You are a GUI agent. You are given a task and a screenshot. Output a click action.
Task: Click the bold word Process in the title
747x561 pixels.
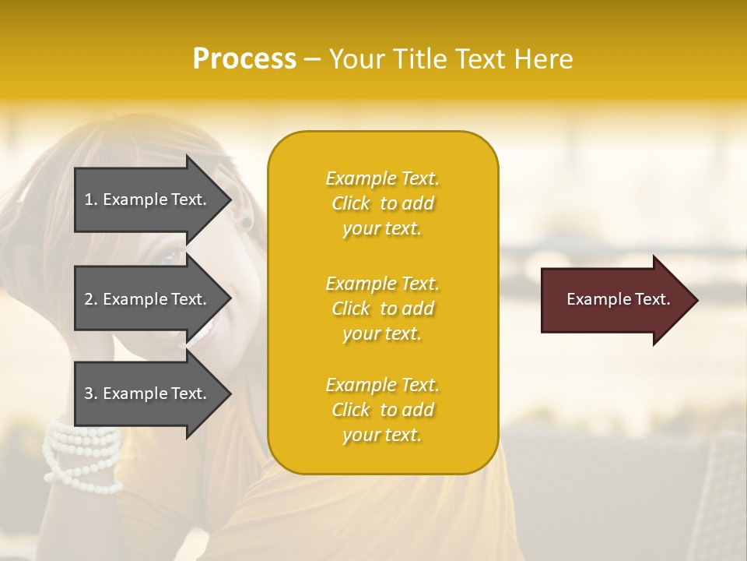(x=244, y=59)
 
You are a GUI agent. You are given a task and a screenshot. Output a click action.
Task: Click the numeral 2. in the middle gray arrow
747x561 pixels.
(x=90, y=299)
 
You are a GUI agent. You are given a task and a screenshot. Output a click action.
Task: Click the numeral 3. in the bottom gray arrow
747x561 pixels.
(x=90, y=393)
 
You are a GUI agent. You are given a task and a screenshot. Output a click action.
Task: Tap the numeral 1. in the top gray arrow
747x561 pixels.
(x=90, y=199)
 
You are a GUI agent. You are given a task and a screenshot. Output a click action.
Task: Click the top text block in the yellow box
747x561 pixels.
(x=382, y=203)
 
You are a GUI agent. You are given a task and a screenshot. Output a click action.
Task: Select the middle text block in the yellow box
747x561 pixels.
(x=382, y=309)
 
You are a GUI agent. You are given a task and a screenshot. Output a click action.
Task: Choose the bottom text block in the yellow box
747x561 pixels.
(x=382, y=410)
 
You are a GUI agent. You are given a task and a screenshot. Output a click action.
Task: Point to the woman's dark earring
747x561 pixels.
(x=247, y=223)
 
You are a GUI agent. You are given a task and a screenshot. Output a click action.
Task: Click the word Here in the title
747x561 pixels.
(x=545, y=59)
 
